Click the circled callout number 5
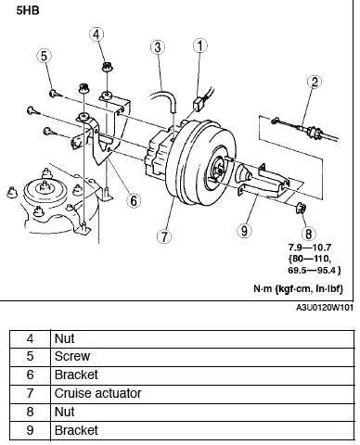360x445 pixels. [x=43, y=57]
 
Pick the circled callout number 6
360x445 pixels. [x=134, y=198]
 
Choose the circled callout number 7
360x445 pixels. [x=164, y=235]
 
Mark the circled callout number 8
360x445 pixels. [x=308, y=235]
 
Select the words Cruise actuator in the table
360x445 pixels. [x=97, y=393]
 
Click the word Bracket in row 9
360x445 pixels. [x=75, y=430]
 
